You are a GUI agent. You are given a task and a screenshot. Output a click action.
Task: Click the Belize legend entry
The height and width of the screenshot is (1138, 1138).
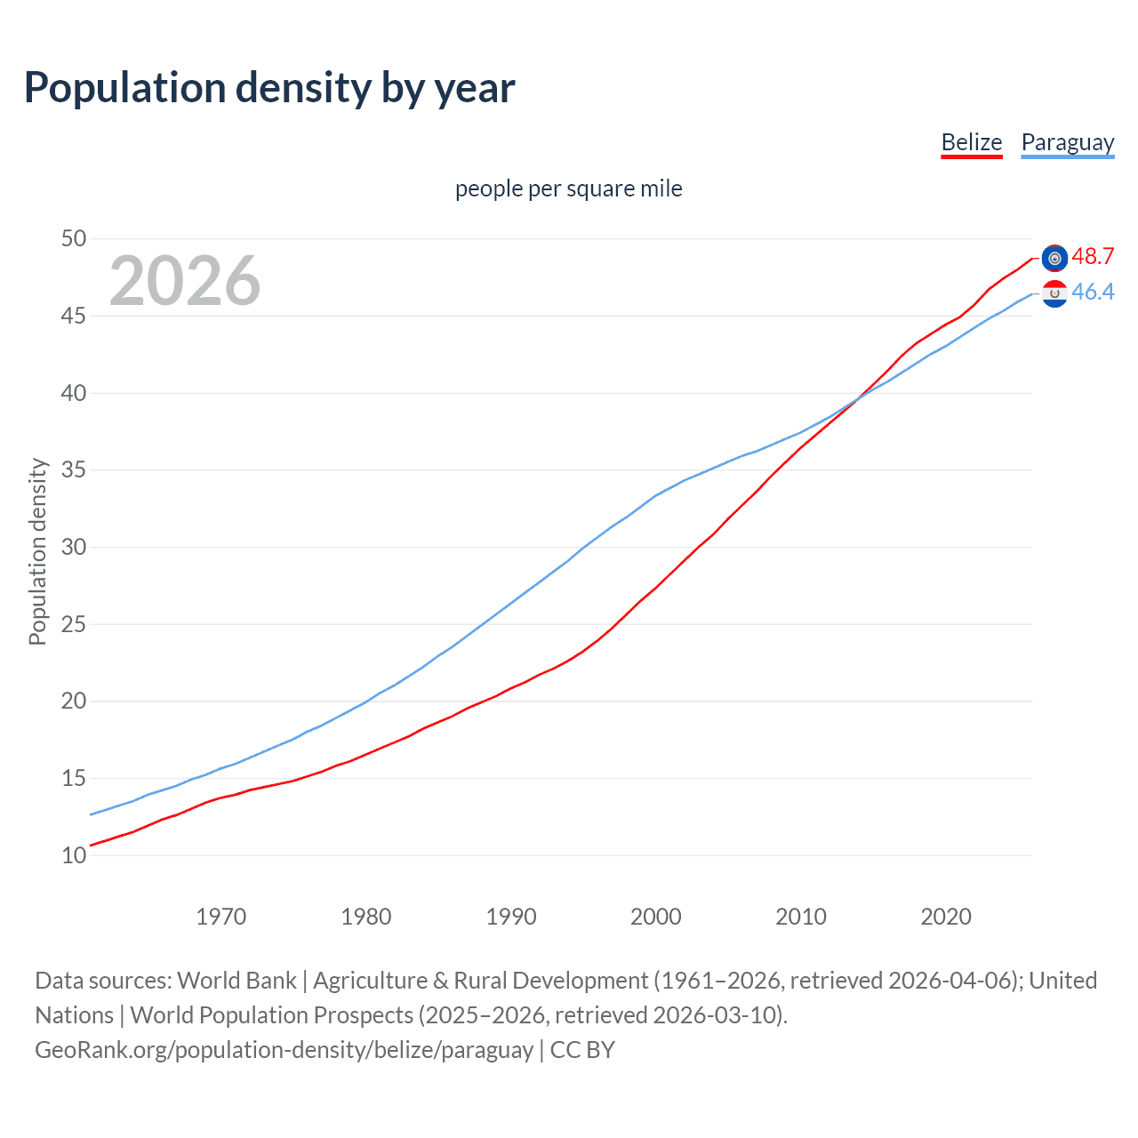971,142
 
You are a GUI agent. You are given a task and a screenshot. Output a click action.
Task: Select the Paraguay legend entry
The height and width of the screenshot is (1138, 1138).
1067,142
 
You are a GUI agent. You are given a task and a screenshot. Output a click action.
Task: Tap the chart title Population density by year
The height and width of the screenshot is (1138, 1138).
269,87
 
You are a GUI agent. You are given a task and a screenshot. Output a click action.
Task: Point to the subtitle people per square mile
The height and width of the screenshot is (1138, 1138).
568,188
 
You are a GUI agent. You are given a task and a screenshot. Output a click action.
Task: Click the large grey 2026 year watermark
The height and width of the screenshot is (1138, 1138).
185,281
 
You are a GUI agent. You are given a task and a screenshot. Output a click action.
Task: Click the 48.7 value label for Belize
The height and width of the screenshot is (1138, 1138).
1093,256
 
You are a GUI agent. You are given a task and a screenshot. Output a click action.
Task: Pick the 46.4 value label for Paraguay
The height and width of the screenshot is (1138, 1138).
1093,292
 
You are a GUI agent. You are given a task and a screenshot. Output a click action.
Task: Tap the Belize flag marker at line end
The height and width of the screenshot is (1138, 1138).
1054,258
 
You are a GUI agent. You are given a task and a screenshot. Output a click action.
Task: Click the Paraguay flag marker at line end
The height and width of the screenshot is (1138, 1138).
1054,293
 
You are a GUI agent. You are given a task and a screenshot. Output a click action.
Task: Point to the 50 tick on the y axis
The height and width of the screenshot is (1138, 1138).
74,238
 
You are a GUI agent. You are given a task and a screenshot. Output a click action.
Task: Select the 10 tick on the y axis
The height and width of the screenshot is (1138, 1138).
74,855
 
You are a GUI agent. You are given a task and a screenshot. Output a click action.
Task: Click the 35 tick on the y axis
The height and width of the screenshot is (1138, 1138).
74,469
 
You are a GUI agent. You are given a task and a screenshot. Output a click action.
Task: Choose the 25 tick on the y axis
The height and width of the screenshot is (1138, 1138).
74,624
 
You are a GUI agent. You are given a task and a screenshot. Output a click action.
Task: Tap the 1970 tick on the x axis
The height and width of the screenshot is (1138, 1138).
220,917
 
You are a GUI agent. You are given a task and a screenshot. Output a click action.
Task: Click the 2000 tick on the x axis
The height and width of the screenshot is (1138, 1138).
655,917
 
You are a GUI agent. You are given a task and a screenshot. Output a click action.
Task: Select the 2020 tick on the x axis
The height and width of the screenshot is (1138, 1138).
945,917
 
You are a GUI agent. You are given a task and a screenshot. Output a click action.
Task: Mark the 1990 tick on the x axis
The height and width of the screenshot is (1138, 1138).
510,917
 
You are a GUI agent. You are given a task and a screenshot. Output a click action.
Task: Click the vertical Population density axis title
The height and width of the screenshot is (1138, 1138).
37,551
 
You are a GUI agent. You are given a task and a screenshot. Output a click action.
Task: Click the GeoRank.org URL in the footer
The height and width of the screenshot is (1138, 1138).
284,1050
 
